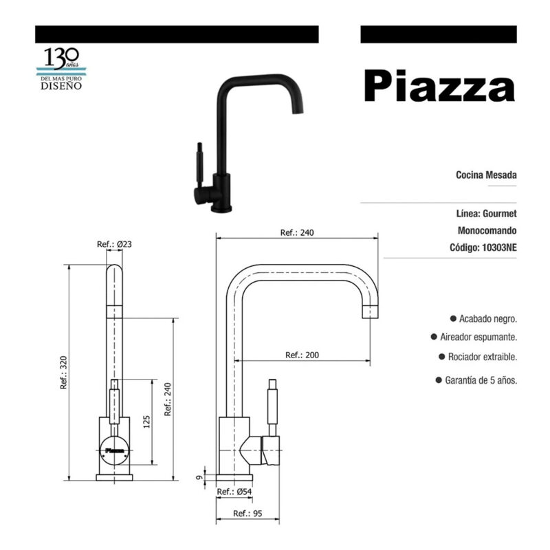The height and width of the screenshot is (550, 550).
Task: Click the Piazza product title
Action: coord(439,86)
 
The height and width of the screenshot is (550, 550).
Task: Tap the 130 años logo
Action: coord(61,69)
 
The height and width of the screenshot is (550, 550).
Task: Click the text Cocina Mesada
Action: coord(486,175)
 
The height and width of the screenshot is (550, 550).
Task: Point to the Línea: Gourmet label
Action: coord(487,213)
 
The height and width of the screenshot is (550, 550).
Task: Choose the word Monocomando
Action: coord(487,230)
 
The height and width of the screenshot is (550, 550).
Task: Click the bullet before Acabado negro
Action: coord(453,318)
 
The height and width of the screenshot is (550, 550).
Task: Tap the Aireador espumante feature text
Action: coord(478,337)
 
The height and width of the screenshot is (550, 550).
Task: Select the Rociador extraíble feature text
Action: coord(483,357)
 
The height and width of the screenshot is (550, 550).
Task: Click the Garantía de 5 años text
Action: coord(481,380)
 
